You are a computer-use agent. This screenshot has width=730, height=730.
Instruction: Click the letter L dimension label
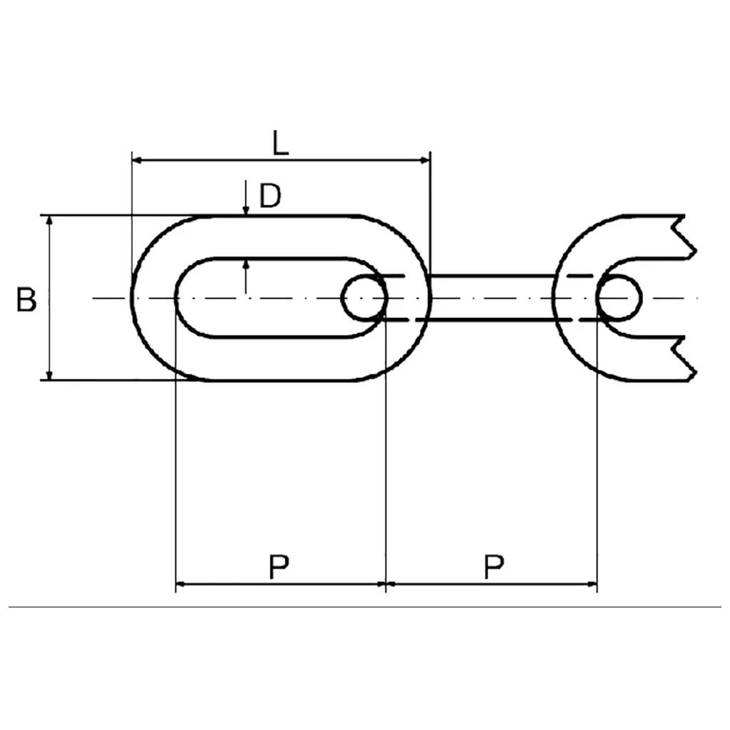[280, 143]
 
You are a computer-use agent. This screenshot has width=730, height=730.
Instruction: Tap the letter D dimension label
[270, 195]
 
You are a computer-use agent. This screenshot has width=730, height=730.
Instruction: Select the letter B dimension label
[26, 299]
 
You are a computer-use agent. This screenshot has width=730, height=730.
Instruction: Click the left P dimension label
[279, 566]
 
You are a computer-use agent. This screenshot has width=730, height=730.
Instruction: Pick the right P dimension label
[493, 566]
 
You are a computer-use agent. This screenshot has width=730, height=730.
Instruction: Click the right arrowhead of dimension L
[425, 160]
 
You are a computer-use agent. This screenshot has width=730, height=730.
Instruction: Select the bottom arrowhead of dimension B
[50, 375]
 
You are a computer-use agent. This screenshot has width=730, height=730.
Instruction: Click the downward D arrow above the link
[246, 198]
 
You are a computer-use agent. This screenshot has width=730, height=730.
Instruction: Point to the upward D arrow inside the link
[246, 277]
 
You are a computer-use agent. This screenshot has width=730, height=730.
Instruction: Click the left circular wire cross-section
[364, 298]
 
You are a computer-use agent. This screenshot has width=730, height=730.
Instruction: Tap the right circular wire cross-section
[619, 298]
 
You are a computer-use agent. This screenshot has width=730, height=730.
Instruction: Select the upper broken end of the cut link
[684, 237]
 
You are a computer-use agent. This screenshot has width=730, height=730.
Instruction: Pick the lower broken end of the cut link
[684, 359]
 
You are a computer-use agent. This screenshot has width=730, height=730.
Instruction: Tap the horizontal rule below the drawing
[364, 607]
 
